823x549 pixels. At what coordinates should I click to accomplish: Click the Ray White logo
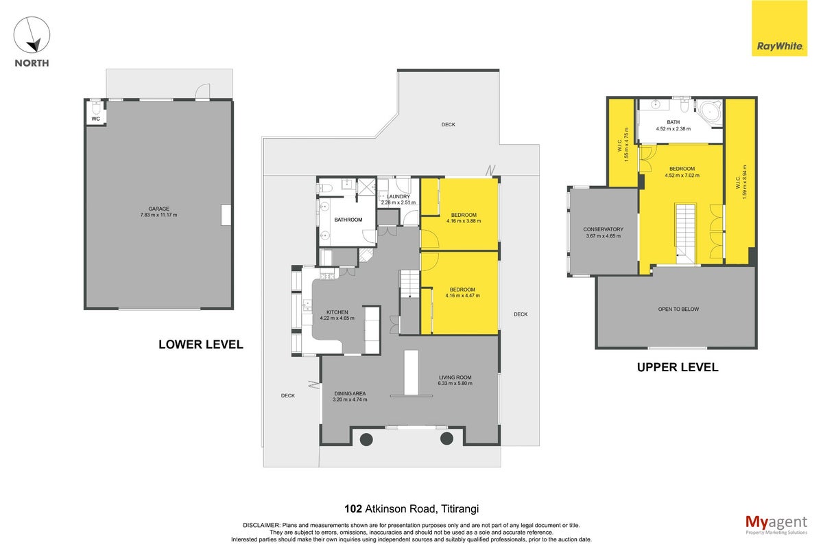(779, 28)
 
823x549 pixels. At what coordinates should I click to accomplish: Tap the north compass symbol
(32, 34)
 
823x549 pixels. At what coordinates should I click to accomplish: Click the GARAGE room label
(158, 209)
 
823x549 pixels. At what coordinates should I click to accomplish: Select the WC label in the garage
(95, 119)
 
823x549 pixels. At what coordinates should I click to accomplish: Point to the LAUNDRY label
(398, 197)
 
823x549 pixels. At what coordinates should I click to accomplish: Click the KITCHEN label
(337, 312)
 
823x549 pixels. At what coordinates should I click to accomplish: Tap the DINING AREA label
(350, 393)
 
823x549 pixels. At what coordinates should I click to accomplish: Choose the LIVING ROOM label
(455, 377)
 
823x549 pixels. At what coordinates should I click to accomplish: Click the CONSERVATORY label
(603, 229)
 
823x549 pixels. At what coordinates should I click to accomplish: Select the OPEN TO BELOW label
(678, 309)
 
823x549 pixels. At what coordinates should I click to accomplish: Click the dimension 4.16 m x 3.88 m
(464, 221)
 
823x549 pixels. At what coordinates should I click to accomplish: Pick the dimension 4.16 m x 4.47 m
(462, 295)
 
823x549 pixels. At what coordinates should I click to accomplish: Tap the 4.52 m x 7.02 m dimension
(682, 176)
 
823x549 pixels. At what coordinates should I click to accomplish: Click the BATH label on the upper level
(673, 122)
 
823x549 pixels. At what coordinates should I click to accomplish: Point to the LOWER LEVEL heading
(200, 344)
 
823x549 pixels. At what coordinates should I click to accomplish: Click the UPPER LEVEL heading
(678, 367)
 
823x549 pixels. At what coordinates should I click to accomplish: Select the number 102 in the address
(353, 509)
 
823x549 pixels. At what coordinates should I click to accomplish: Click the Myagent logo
(776, 525)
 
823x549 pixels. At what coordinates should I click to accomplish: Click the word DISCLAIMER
(261, 526)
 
